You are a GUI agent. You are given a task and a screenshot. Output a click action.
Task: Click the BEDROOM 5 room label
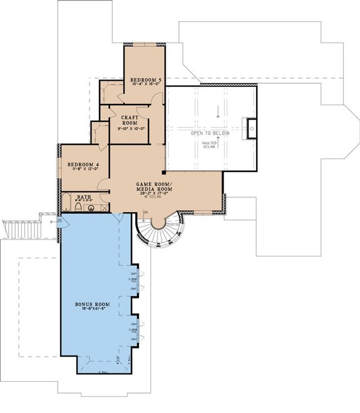point(146,81)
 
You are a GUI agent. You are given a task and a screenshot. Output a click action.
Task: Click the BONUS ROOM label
point(93,304)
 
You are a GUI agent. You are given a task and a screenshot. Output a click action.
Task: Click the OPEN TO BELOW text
point(210,133)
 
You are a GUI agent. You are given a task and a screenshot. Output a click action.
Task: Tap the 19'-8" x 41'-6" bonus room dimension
point(93,310)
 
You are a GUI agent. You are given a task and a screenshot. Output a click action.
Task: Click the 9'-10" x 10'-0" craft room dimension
point(131,129)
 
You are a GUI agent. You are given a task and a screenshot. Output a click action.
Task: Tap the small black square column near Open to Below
point(164,171)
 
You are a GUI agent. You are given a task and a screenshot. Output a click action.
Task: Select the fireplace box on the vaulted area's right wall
point(252,128)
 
